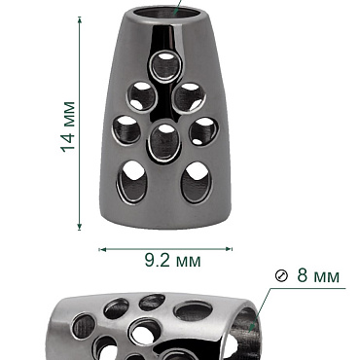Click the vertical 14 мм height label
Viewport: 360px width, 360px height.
coord(68,126)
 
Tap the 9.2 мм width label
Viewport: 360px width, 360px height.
coord(172,260)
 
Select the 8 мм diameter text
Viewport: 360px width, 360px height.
coord(318,275)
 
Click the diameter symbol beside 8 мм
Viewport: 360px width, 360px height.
coord(281,276)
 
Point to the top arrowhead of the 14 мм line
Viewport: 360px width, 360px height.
coord(80,19)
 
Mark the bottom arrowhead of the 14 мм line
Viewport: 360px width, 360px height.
coord(80,227)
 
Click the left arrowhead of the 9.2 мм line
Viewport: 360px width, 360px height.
coord(102,249)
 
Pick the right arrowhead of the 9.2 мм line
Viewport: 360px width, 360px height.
coord(229,249)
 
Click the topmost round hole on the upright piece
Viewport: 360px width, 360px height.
coord(165,66)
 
